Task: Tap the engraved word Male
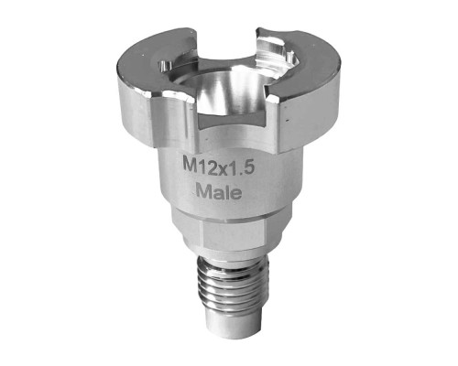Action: pos(219,192)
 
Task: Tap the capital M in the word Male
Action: pos(203,190)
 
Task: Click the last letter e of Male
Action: pos(236,194)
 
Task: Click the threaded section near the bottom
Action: pos(228,282)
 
